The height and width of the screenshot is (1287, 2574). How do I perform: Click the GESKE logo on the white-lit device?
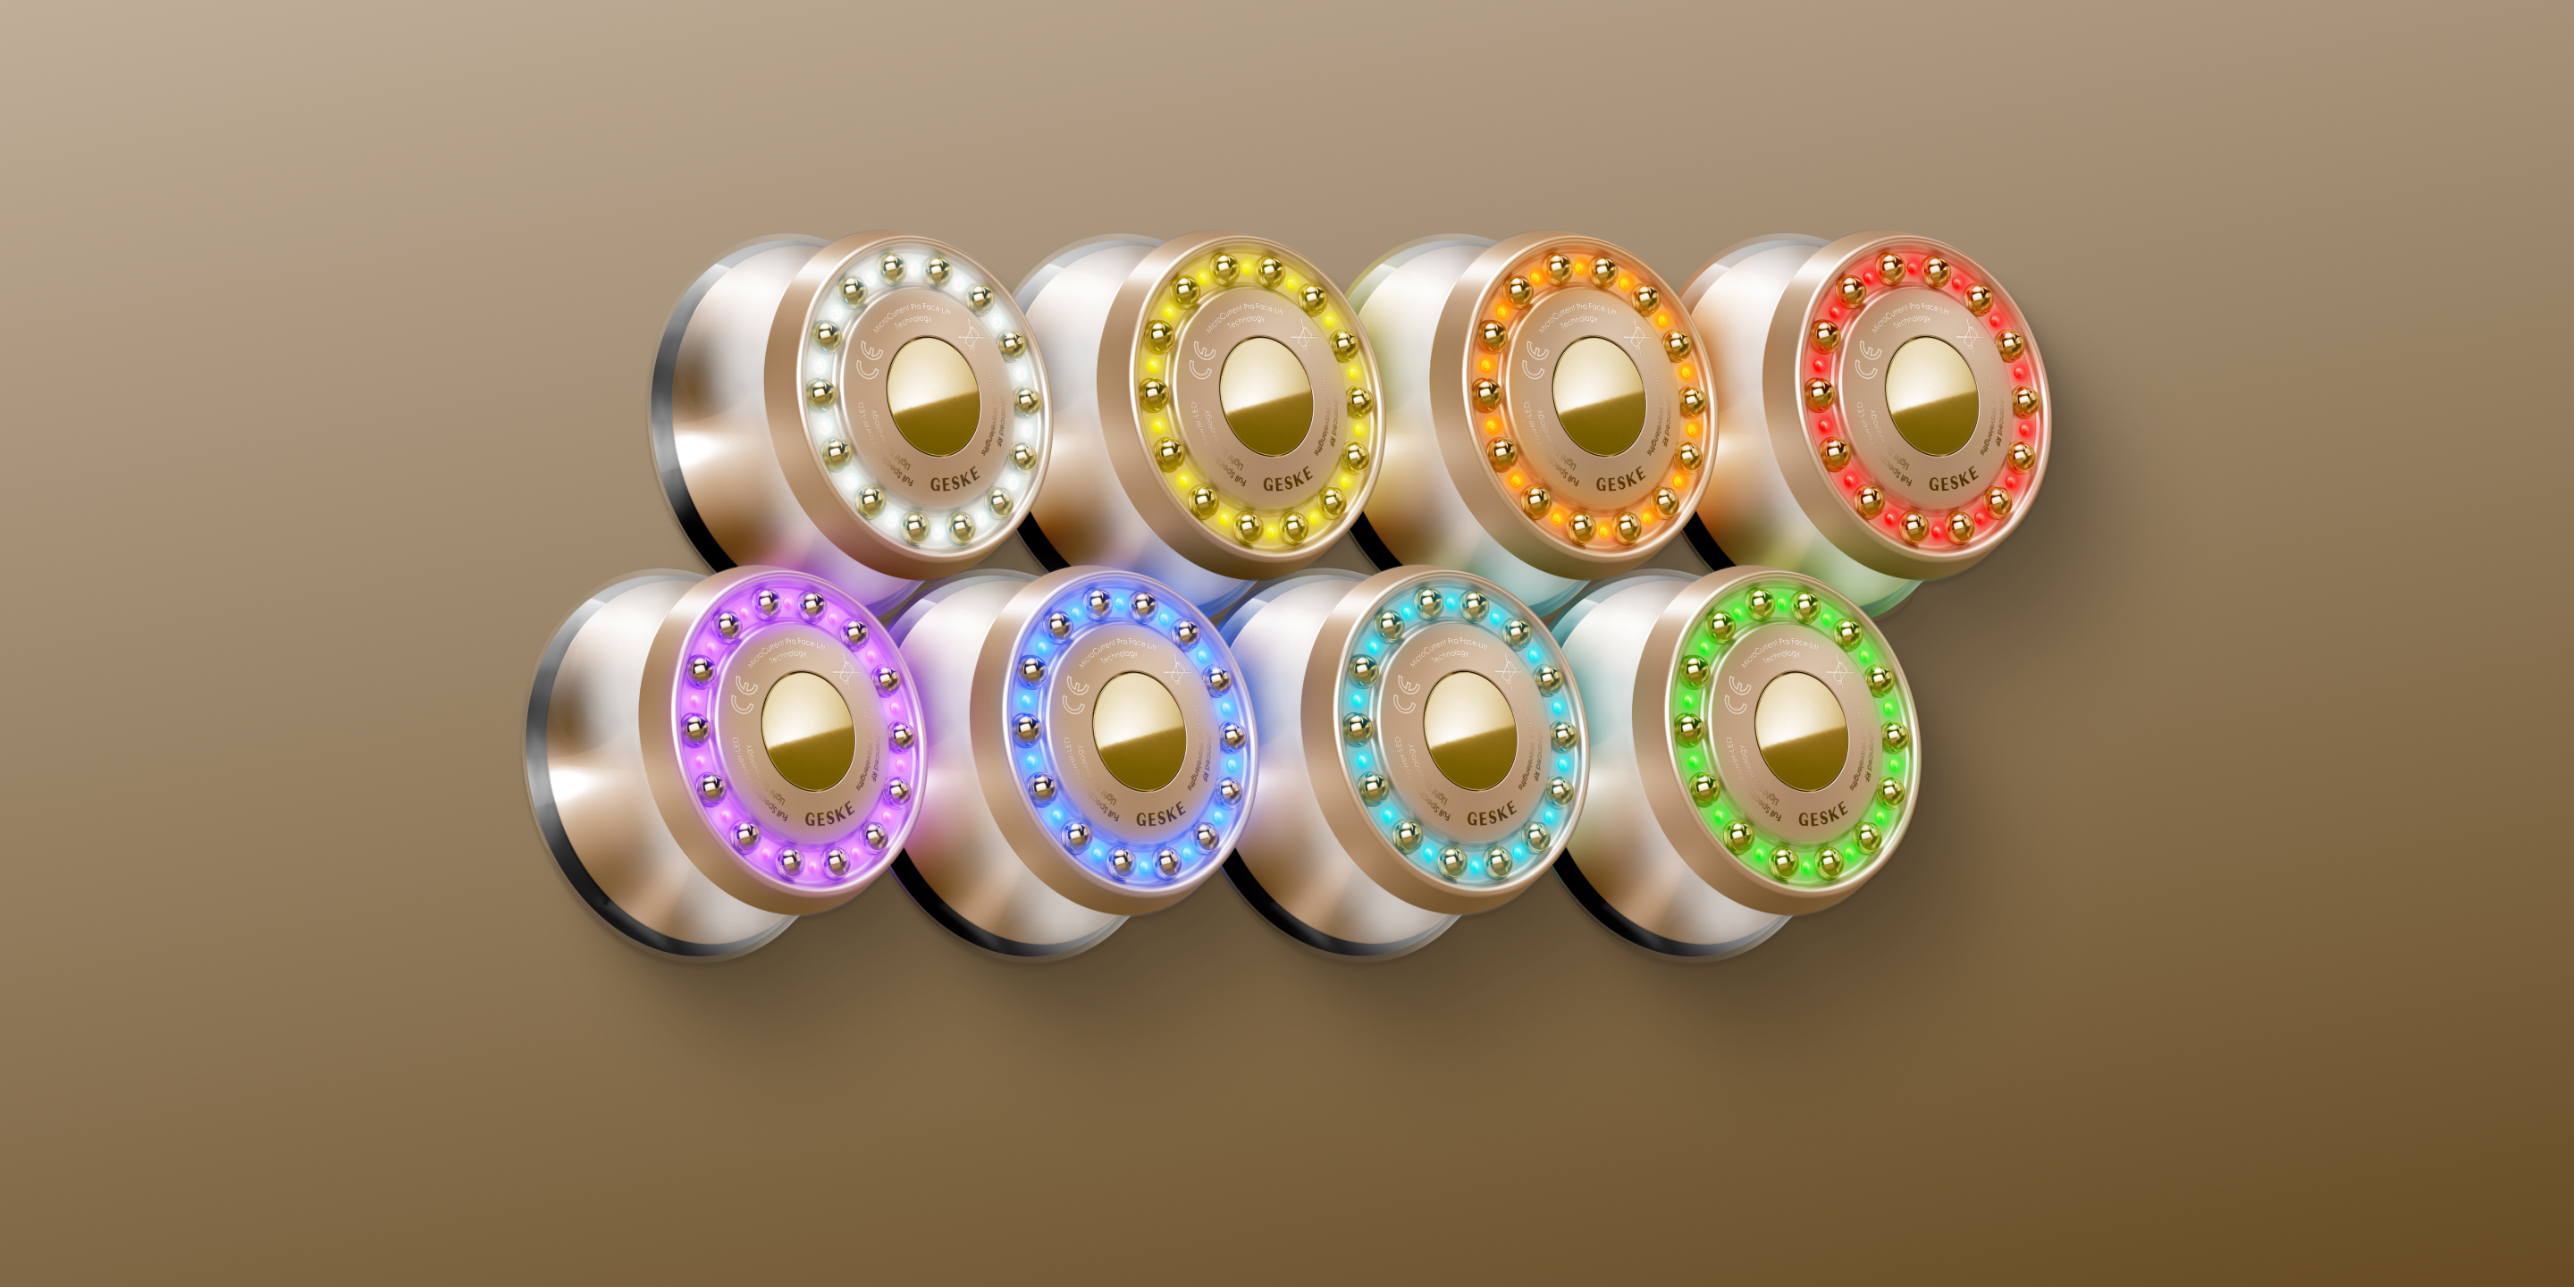pyautogui.click(x=955, y=482)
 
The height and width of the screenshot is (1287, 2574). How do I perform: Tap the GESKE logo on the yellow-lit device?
pyautogui.click(x=1287, y=482)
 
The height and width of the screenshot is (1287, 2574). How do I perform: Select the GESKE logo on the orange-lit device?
pyautogui.click(x=1619, y=482)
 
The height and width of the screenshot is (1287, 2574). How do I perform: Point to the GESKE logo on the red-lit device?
pyautogui.click(x=1953, y=482)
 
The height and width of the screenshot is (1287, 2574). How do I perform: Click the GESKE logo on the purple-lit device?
pyautogui.click(x=829, y=816)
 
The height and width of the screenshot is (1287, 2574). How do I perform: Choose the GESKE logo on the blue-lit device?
pyautogui.click(x=1160, y=816)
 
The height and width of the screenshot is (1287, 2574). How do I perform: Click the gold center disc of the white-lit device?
pyautogui.click(x=932, y=397)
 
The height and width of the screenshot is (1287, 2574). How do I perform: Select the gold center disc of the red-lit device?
pyautogui.click(x=1930, y=397)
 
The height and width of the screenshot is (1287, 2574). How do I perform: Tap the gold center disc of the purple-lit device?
pyautogui.click(x=807, y=731)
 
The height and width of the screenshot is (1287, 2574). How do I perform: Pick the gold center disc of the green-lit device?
pyautogui.click(x=1801, y=731)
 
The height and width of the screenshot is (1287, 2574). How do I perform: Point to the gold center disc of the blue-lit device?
pyautogui.click(x=1138, y=731)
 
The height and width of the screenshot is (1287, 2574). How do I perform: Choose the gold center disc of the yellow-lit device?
pyautogui.click(x=1265, y=397)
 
